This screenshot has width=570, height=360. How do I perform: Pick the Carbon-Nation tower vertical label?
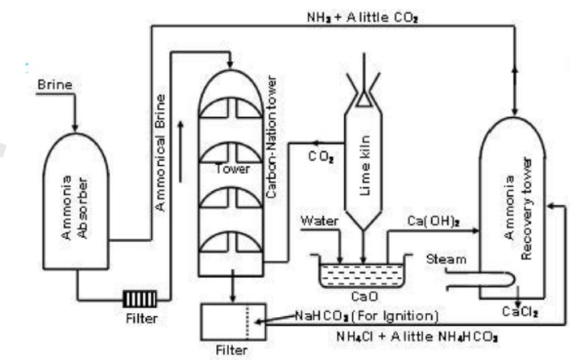click(272, 138)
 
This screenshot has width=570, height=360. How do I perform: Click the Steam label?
click(446, 259)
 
